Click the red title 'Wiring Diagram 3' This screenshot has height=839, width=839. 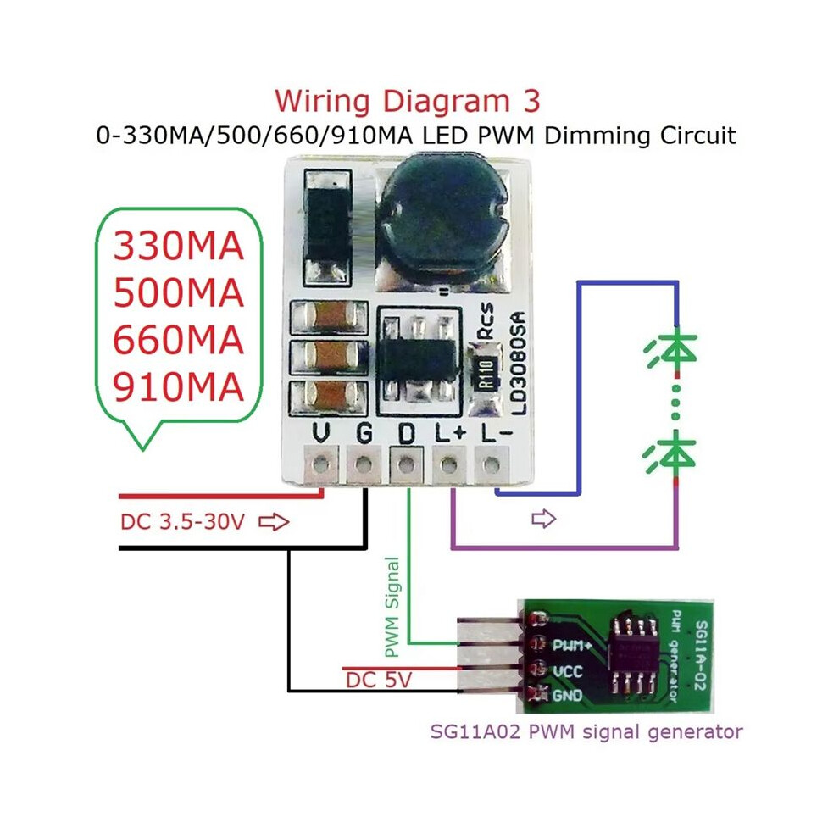point(408,101)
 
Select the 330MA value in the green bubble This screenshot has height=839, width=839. point(179,246)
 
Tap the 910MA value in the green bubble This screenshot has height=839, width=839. point(179,386)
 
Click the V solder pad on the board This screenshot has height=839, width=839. point(321,464)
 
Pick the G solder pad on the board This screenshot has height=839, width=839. point(364,464)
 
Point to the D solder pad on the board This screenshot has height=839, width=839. point(407,464)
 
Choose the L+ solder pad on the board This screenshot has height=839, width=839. point(449,464)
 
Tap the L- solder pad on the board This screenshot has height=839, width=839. point(492,464)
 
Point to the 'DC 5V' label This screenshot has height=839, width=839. point(379,680)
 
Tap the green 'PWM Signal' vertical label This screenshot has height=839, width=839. point(392,608)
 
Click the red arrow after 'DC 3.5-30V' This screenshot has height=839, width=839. point(274,522)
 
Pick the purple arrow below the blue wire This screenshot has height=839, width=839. point(543,519)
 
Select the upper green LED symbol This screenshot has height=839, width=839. point(671,351)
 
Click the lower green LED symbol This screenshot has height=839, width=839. point(670,455)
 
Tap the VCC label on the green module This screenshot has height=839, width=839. point(567,671)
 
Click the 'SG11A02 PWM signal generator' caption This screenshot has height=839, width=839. point(586,731)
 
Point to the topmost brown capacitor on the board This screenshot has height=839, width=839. point(330,318)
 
